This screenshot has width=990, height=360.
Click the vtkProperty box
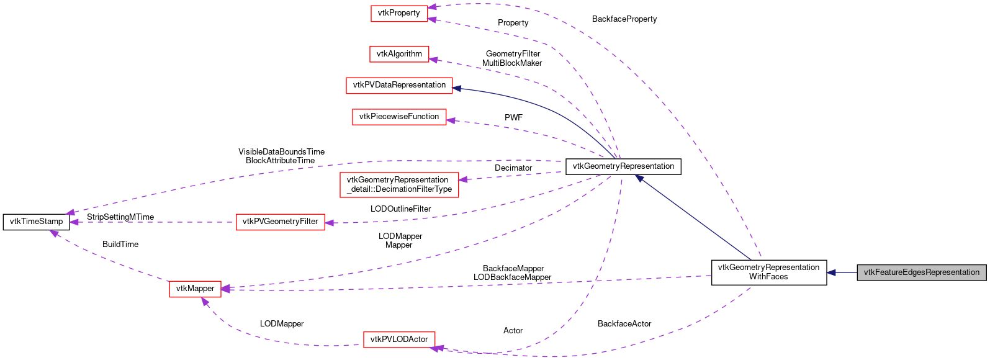coord(399,13)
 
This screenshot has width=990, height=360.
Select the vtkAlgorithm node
coord(399,54)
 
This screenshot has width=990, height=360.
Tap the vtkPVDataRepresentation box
coord(399,85)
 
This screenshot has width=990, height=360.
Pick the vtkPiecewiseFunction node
coord(399,117)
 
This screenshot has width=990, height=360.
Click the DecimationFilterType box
coord(399,185)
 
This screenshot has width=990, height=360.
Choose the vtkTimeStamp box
coord(36,222)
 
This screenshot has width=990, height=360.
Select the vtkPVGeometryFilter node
coord(280,222)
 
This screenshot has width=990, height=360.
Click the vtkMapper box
coord(195,289)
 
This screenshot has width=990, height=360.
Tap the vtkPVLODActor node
coord(399,340)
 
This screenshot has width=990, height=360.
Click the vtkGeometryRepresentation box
coord(623,166)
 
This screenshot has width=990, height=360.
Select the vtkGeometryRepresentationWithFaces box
coord(768,272)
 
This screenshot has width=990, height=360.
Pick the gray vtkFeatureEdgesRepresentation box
coord(921,272)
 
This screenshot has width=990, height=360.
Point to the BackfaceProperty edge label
coord(624,19)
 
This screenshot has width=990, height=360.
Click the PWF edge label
coord(513,117)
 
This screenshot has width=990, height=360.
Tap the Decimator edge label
coord(513,168)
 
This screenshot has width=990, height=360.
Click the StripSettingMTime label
coord(120,217)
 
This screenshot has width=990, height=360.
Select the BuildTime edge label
coord(120,245)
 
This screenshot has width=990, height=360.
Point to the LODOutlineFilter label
coord(400,209)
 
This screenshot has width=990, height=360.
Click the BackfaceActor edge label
coord(624,324)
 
